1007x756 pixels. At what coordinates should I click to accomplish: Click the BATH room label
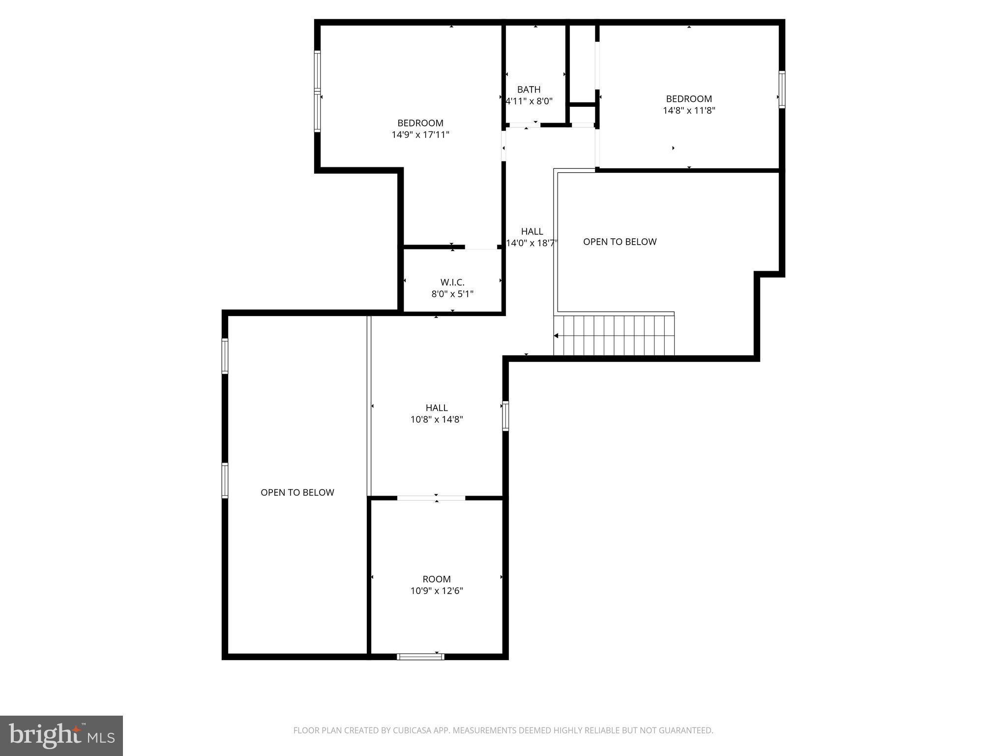click(x=529, y=90)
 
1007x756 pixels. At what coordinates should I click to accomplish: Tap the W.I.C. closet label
click(x=452, y=282)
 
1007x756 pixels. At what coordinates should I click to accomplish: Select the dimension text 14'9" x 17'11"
click(x=420, y=134)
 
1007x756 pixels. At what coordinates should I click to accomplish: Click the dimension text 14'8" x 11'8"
click(x=689, y=110)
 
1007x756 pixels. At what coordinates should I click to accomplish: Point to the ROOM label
click(x=437, y=579)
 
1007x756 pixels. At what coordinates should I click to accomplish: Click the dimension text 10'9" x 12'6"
click(x=437, y=591)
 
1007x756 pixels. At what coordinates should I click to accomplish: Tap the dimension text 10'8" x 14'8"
click(x=437, y=419)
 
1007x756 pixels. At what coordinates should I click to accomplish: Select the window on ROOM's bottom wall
click(x=420, y=656)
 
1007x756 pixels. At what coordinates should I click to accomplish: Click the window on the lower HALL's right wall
click(x=505, y=416)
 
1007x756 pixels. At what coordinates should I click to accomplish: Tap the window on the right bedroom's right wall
click(x=781, y=89)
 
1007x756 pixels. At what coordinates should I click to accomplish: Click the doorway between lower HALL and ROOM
click(x=431, y=498)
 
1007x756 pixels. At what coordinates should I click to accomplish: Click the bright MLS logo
click(x=61, y=735)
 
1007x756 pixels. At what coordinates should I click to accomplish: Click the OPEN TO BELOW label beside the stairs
click(x=620, y=242)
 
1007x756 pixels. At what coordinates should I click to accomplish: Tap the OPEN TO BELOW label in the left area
click(x=297, y=492)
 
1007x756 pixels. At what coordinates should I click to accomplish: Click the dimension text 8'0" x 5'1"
click(x=452, y=294)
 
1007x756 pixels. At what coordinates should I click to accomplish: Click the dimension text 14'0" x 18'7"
click(x=532, y=243)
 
